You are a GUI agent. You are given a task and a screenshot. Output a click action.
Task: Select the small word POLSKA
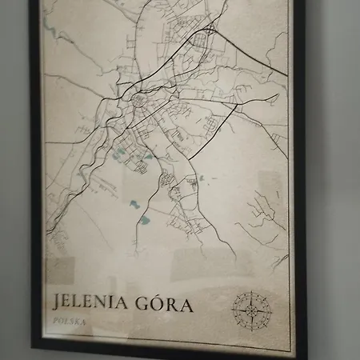coord(68,322)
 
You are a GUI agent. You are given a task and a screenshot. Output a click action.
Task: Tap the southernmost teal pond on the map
coord(145,218)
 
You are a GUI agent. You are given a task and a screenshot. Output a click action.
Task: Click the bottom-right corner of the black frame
coord(305,357)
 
